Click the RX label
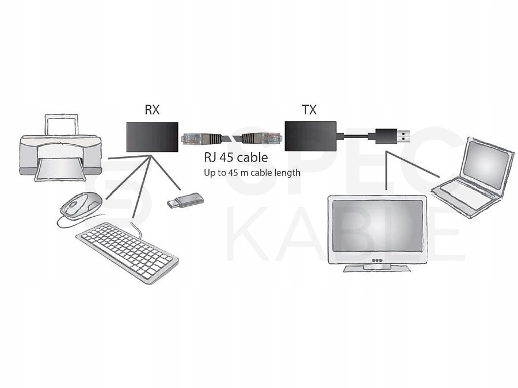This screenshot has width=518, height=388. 152,110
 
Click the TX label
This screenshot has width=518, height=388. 309,110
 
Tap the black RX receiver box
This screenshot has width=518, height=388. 153,137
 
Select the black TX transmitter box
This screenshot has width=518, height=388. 311,136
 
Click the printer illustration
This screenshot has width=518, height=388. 60,148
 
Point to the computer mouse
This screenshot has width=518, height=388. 81,206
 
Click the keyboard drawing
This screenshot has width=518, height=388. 127,252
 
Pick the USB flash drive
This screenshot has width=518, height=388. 185,200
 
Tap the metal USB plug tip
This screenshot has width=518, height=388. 403,136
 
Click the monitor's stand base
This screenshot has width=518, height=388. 376,268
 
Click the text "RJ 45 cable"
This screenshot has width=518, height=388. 236,157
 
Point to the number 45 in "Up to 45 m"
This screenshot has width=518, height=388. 233,173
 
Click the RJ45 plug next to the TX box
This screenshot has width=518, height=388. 262,137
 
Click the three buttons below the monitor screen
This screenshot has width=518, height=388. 377,260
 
